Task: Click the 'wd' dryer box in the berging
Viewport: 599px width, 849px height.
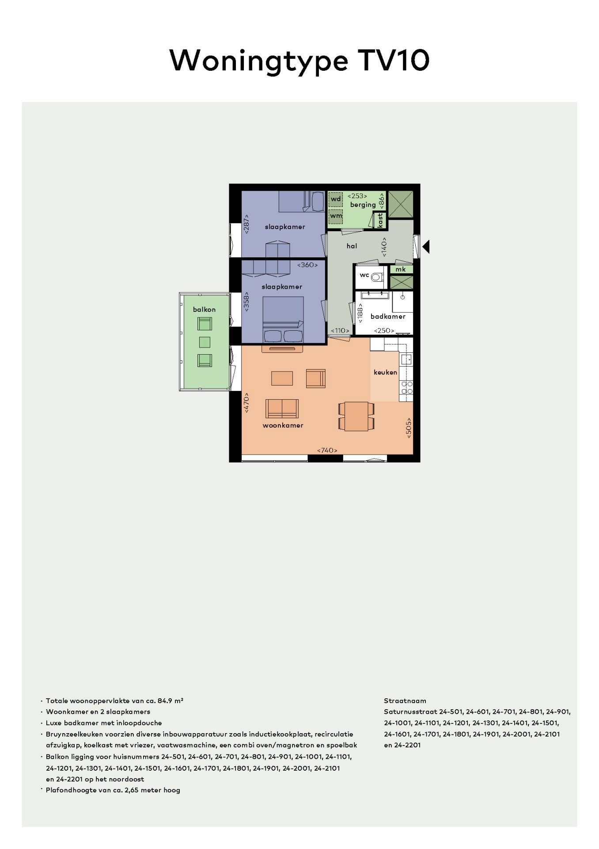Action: tap(336, 199)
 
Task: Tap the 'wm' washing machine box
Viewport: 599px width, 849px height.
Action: tap(336, 216)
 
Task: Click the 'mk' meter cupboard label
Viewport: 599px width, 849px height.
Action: tap(401, 269)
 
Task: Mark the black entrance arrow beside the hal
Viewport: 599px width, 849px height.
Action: tap(426, 246)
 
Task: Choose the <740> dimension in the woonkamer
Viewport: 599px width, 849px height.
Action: tap(327, 450)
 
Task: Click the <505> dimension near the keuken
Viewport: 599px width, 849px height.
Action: tap(409, 428)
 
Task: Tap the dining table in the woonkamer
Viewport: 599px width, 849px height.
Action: tap(357, 416)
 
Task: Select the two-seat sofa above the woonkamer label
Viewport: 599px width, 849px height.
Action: tap(282, 409)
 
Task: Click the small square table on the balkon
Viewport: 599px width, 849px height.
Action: tap(205, 342)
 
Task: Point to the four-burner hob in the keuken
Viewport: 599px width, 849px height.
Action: tap(406, 388)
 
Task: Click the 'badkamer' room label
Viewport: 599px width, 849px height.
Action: tap(388, 316)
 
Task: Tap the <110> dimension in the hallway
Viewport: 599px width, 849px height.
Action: tap(340, 330)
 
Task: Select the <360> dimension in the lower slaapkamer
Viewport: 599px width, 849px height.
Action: tap(307, 265)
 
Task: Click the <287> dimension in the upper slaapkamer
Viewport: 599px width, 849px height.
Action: tap(246, 224)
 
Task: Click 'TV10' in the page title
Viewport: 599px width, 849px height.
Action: tap(394, 60)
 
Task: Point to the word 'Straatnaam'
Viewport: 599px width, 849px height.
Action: tap(405, 701)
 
